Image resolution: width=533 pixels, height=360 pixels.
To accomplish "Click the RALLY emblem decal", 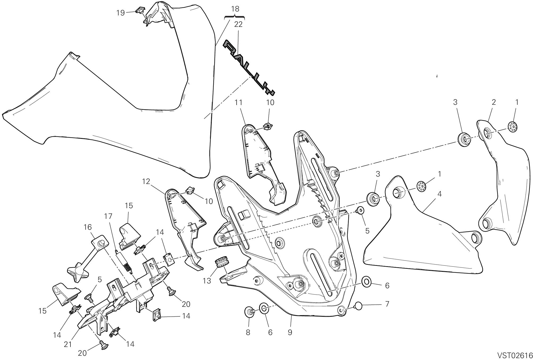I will (249, 68).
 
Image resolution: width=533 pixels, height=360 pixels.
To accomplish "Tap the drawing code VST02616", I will (515, 355).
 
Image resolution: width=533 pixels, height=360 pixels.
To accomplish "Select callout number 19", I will (120, 13).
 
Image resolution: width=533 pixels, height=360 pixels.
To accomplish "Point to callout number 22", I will (238, 24).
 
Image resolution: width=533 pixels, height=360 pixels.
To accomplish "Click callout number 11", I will (238, 102).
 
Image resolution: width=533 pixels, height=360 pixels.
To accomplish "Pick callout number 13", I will (207, 281).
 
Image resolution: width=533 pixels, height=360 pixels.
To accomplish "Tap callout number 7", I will (387, 304).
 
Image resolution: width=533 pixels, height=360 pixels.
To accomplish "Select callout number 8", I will (248, 332).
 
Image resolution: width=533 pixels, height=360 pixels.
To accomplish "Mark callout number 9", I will (290, 332).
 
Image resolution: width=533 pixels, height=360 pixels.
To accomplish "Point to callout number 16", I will (87, 227).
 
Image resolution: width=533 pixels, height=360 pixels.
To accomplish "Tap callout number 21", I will (68, 344).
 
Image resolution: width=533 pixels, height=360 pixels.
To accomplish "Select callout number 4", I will (439, 194).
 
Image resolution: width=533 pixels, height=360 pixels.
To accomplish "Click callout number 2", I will (494, 102).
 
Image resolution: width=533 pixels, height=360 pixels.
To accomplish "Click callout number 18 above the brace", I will (235, 9).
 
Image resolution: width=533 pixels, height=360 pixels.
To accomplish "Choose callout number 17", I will (108, 216).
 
